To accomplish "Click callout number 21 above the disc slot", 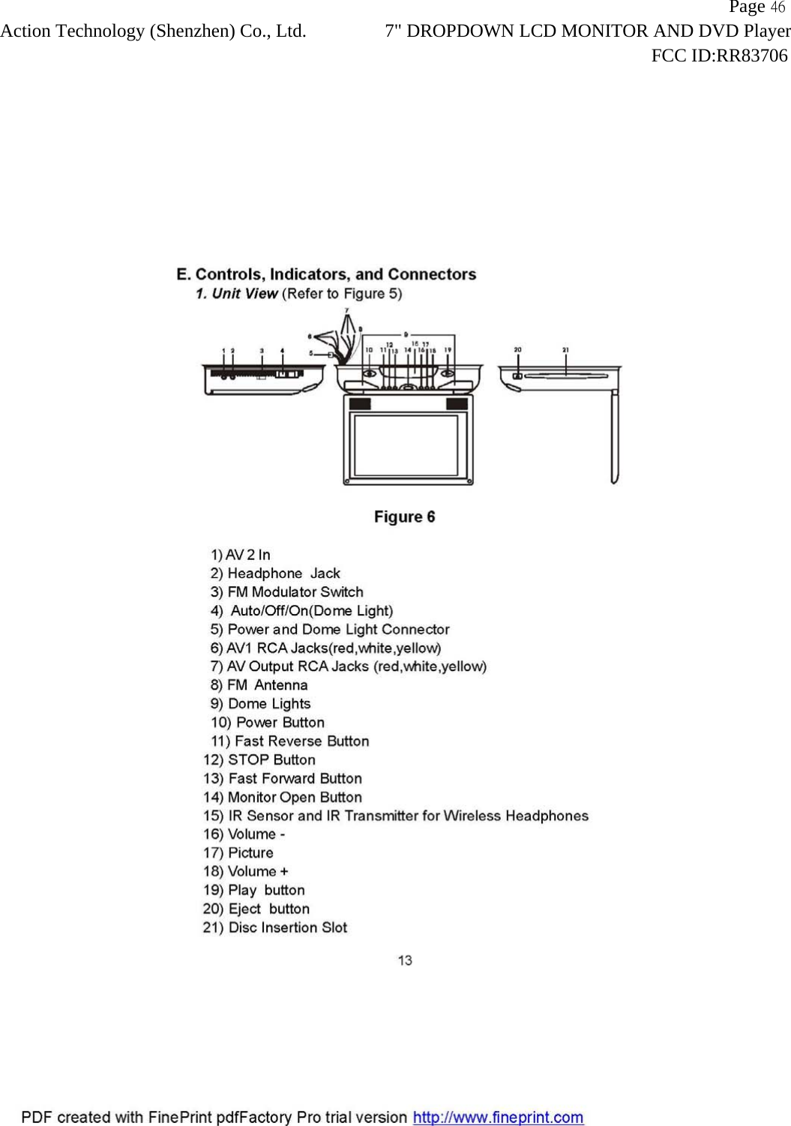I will [x=565, y=349].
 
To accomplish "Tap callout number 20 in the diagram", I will [x=517, y=349].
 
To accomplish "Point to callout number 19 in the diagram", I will [x=448, y=350].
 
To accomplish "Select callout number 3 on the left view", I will [x=262, y=351].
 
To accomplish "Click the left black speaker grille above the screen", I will [x=360, y=404].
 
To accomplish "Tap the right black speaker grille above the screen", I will [x=457, y=404].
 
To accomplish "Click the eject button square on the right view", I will [x=517, y=376].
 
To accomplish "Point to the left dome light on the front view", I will [x=370, y=373].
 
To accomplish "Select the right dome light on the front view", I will [x=447, y=373].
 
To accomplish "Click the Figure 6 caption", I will [x=404, y=517].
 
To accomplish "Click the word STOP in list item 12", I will [x=249, y=760].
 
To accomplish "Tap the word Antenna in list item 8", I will [x=280, y=685].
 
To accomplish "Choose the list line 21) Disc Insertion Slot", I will [x=275, y=927].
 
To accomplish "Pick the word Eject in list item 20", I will [x=244, y=909].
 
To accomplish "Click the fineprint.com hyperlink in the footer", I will [x=498, y=1117].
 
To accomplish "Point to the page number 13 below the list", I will [x=405, y=960].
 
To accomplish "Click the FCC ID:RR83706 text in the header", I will [x=719, y=55].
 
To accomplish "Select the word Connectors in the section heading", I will [x=432, y=274].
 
